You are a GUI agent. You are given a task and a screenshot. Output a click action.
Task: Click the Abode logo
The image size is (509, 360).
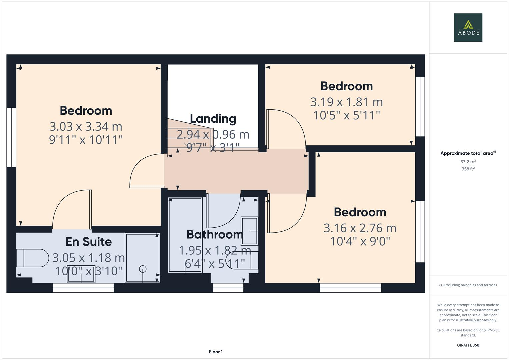tap(468, 28)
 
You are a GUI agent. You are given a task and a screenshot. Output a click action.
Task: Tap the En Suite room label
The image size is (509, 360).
tap(88, 242)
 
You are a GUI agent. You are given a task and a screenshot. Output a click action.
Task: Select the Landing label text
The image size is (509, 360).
tap(213, 119)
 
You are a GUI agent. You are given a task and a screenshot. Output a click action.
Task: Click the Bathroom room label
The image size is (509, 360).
tap(215, 234)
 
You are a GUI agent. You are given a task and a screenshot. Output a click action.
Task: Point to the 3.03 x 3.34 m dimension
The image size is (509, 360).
tap(86, 127)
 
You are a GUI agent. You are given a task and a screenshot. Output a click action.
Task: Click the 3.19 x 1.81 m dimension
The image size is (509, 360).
tap(346, 102)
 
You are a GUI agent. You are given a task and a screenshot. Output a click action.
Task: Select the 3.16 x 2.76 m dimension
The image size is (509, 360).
tap(360, 228)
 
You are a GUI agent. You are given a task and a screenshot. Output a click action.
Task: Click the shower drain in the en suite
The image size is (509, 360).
tap(143, 269)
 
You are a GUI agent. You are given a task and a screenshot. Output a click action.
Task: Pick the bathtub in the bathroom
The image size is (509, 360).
tap(185, 235)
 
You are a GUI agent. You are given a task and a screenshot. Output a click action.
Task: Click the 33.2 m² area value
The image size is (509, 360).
tap(468, 162)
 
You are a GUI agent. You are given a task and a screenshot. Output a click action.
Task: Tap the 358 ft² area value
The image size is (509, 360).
tap(468, 169)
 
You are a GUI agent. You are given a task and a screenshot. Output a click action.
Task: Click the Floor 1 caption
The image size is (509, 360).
tap(216, 352)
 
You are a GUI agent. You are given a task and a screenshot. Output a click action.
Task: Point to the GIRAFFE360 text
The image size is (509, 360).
tap(468, 345)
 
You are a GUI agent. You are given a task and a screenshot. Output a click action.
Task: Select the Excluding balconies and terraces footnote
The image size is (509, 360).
tap(468, 285)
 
